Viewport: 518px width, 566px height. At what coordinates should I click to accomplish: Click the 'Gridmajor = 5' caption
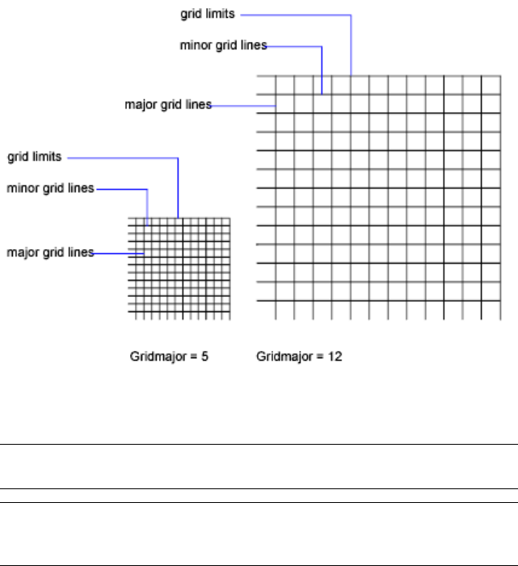[170, 356]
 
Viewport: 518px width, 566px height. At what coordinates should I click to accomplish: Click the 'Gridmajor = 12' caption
[299, 356]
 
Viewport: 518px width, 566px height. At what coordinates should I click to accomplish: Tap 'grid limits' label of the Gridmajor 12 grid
[208, 14]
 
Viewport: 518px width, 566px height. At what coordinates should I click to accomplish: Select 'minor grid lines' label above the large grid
[223, 46]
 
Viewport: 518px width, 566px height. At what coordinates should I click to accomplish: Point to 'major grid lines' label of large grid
[168, 104]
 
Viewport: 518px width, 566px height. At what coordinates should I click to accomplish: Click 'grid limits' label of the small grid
[35, 158]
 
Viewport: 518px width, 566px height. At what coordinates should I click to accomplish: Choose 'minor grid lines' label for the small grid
[50, 188]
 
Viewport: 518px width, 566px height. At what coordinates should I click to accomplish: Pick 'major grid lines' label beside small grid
[50, 252]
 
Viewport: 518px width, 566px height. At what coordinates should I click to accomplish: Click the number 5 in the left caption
[205, 356]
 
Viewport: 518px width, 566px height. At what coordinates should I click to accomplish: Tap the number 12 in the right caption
[335, 356]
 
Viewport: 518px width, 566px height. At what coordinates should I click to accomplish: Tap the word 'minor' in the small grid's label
[23, 188]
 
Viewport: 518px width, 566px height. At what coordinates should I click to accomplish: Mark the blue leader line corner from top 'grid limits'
[352, 14]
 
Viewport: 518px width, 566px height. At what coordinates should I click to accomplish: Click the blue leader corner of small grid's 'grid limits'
[178, 158]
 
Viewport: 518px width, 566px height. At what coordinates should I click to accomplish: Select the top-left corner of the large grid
[258, 76]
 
